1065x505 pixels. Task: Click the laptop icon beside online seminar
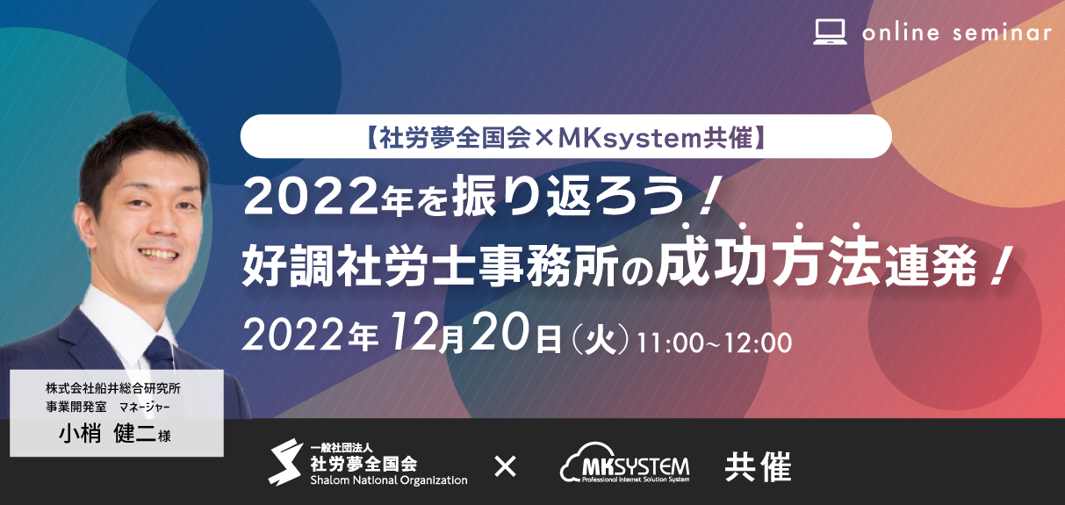point(830,32)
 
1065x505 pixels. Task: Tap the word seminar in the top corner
point(1003,32)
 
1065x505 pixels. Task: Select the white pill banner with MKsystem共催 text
point(565,136)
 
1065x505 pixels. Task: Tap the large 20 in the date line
point(500,331)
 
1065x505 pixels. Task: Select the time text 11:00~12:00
point(714,343)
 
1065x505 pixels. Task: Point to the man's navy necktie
point(159,353)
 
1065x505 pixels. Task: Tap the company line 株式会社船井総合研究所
point(113,388)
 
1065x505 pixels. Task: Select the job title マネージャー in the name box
point(145,408)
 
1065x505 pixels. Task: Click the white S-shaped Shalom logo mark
point(285,462)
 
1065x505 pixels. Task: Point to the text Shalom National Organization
point(388,480)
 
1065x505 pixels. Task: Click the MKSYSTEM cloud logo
point(624,463)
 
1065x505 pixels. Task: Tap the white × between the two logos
point(505,466)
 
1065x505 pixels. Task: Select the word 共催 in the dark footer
point(758,466)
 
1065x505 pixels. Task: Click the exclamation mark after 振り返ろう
point(705,197)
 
